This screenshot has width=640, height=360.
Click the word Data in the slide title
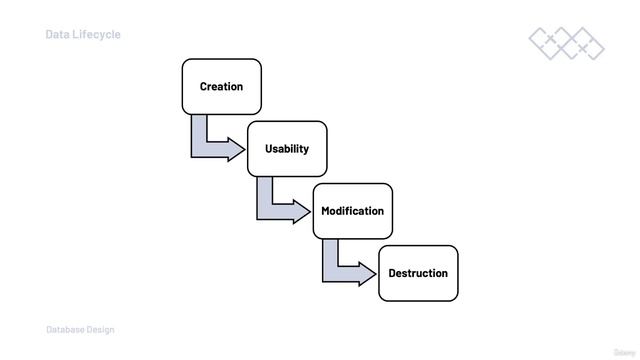pyautogui.click(x=56, y=34)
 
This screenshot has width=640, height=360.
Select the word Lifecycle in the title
pyautogui.click(x=96, y=34)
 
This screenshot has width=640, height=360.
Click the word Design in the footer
pyautogui.click(x=101, y=330)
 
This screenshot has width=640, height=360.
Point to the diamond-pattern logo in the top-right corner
pyautogui.click(x=566, y=42)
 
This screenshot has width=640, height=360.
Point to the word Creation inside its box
pyautogui.click(x=221, y=87)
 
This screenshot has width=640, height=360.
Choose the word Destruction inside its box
pyautogui.click(x=418, y=273)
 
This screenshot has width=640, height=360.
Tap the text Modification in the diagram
pyautogui.click(x=352, y=211)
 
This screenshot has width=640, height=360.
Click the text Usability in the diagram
pyautogui.click(x=287, y=149)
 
